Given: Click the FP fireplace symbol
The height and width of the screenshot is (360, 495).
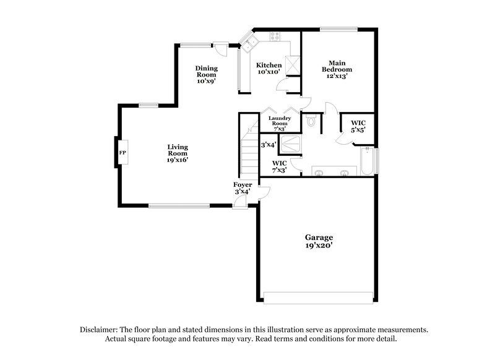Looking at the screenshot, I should pyautogui.click(x=123, y=152).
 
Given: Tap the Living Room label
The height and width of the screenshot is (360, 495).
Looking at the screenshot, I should pyautogui.click(x=177, y=153).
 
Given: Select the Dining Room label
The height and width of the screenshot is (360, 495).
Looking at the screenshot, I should pyautogui.click(x=206, y=74).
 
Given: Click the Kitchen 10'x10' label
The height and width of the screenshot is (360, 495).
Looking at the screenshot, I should pyautogui.click(x=269, y=69).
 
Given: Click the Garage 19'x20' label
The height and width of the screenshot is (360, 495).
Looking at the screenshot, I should pyautogui.click(x=319, y=241).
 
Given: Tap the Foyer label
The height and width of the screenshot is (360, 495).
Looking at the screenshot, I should pyautogui.click(x=241, y=188).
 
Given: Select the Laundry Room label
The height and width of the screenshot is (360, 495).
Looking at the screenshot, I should pyautogui.click(x=280, y=121).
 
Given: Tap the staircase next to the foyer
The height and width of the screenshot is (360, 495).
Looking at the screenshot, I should pyautogui.click(x=249, y=155).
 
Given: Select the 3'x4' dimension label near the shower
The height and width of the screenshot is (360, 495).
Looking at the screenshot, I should pyautogui.click(x=268, y=145).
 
